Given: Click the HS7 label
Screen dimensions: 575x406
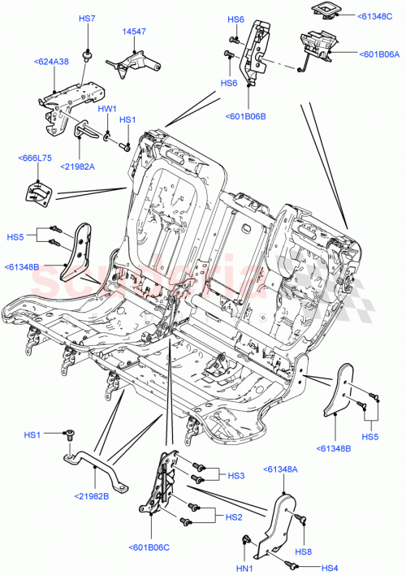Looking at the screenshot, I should pyautogui.click(x=86, y=18).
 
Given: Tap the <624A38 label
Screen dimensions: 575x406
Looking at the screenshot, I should pyautogui.click(x=51, y=61).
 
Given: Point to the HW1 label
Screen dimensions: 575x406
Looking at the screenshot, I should pyautogui.click(x=107, y=108).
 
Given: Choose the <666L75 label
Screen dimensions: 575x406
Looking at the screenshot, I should pyautogui.click(x=34, y=160).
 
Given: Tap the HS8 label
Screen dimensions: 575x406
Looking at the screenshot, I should pyautogui.click(x=304, y=552).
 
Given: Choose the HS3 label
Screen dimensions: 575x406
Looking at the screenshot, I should pyautogui.click(x=235, y=476).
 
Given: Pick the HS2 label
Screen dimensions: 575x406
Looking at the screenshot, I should pyautogui.click(x=234, y=517).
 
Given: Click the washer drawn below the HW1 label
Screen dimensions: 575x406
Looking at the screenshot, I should pyautogui.click(x=107, y=133).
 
